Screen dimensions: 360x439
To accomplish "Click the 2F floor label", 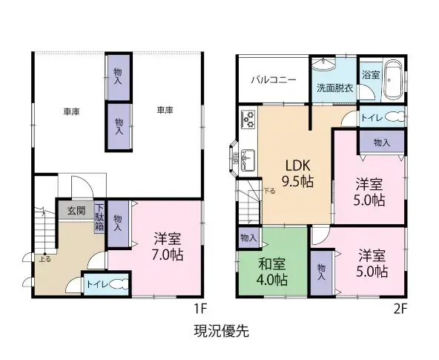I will coord(401,307).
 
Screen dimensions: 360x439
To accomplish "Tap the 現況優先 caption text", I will coord(219,332).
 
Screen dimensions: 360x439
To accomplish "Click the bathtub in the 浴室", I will coord(395,84).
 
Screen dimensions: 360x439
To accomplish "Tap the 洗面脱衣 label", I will coord(334,88).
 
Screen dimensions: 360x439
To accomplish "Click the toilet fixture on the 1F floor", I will coord(119,284).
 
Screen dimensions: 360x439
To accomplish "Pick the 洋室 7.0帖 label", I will coord(168,246).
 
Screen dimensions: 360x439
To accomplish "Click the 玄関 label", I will coord(76,211).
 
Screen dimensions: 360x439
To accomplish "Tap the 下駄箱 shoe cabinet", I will coord(99,216).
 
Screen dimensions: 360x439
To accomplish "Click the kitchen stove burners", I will coord(248,117).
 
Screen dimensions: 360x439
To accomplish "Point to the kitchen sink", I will coord(248,156).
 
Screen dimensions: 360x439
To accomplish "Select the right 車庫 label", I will coord(164,111).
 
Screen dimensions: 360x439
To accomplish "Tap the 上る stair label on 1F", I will coord(45,258).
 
